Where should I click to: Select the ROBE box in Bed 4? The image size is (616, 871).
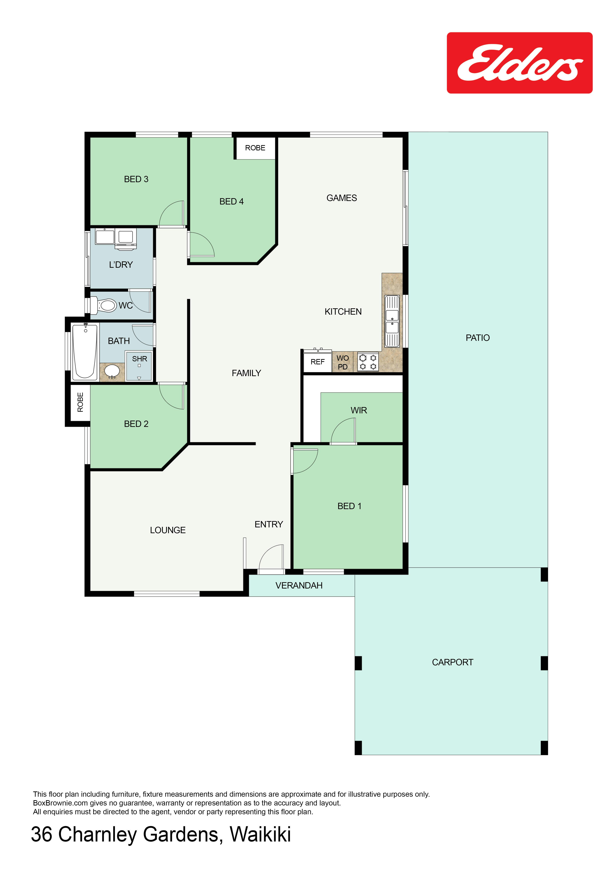(x=255, y=148)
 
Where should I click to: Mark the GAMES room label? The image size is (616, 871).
(x=342, y=198)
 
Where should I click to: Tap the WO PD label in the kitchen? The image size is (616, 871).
(x=342, y=362)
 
